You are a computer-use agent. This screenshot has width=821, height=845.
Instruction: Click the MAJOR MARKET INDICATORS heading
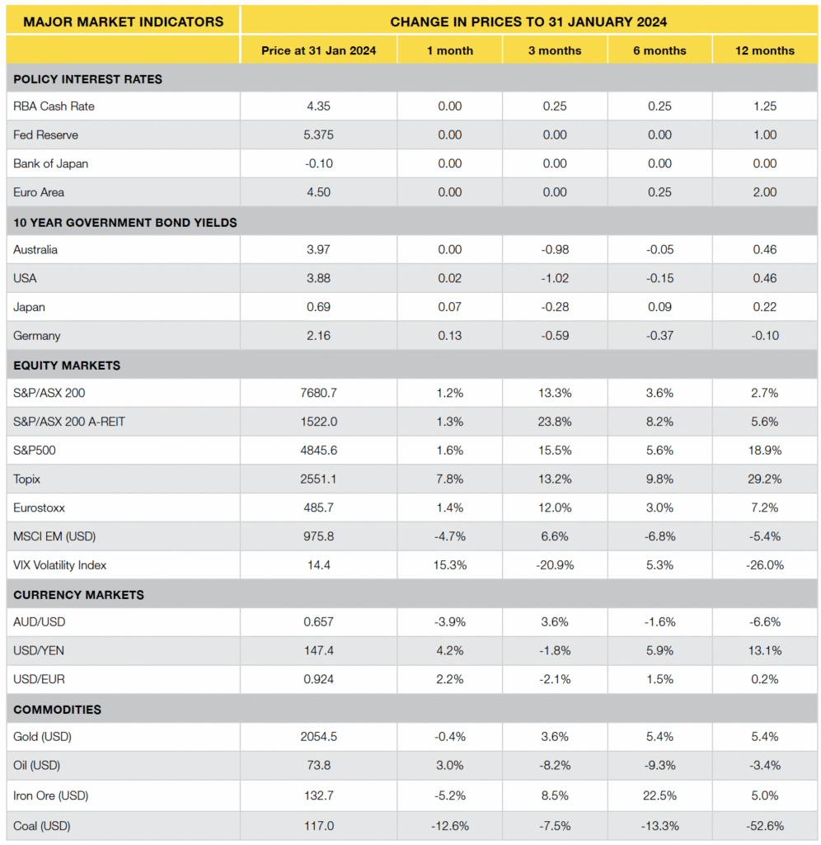point(123,21)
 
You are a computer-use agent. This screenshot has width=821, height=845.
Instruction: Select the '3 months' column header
point(555,50)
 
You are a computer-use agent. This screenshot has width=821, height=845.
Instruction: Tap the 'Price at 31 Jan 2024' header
point(318,50)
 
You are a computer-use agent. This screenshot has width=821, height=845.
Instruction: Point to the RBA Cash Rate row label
point(49,106)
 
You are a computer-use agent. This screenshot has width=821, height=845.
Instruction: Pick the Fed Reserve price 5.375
point(318,135)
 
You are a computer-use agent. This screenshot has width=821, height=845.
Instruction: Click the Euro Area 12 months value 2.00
point(764,192)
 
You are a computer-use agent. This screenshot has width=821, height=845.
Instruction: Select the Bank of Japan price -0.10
point(318,163)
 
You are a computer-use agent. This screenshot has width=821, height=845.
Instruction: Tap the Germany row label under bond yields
point(37,336)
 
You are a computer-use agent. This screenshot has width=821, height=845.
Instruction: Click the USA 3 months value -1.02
point(555,278)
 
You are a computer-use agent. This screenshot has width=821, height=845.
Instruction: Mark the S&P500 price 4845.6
point(318,451)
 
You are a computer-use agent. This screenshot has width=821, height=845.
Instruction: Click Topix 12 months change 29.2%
point(764,479)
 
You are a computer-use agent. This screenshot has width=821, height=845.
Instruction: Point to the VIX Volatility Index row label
point(60,565)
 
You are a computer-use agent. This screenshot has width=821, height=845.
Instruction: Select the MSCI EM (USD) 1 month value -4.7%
point(450,536)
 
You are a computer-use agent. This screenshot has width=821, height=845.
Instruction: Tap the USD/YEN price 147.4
point(318,651)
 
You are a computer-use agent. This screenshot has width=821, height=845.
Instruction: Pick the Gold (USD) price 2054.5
point(318,737)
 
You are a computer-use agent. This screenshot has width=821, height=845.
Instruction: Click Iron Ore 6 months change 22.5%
point(659,796)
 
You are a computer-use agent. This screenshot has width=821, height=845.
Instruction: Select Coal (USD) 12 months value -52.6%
point(764,825)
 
